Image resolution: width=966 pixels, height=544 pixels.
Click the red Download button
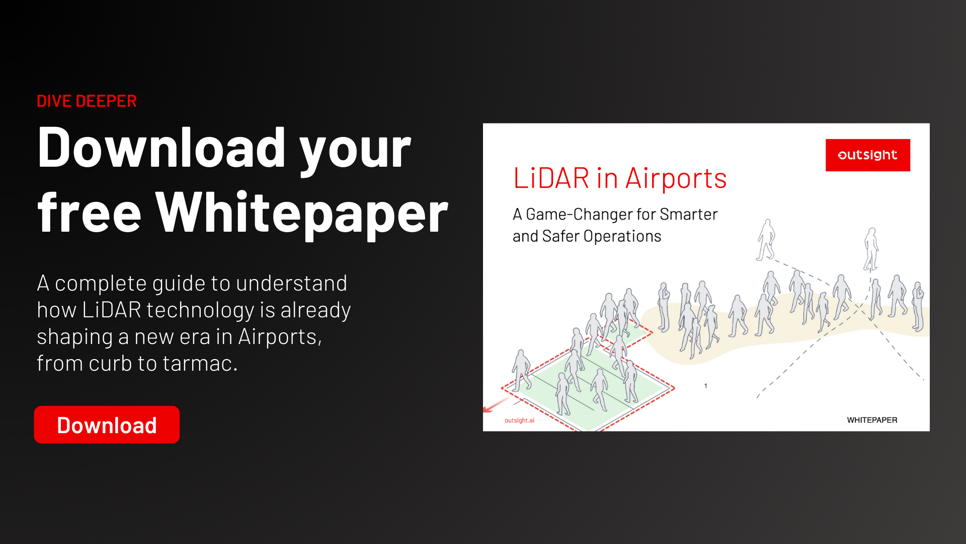pos(107,425)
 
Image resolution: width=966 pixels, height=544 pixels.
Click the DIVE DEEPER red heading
pos(87,101)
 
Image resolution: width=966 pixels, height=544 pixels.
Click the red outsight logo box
pos(867,155)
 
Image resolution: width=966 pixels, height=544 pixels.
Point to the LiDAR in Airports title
pos(619,178)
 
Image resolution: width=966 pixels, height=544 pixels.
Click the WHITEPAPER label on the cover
pos(872,420)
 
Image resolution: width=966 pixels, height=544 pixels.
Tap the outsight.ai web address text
pos(519,421)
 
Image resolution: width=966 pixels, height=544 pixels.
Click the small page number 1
pos(705,386)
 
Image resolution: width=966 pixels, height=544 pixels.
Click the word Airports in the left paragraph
pos(279,336)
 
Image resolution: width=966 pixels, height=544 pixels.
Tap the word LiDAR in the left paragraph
pos(111,310)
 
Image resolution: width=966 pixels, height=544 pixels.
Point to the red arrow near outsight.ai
pos(495,404)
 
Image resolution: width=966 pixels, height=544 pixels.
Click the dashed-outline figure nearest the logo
pos(871,249)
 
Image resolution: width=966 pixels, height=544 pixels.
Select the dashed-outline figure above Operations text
pos(766,240)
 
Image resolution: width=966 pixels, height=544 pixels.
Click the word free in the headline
pos(89,214)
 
